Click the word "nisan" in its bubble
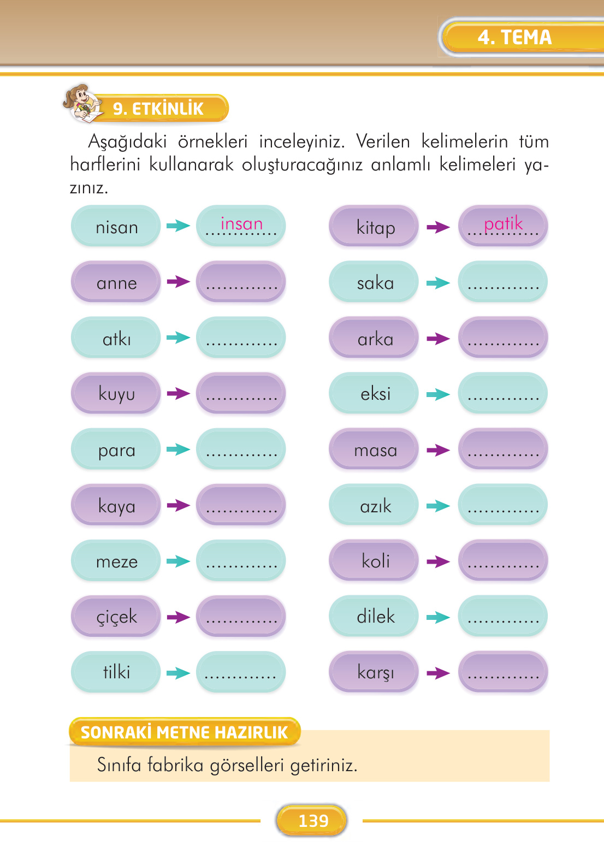click(x=116, y=227)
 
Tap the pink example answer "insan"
click(x=241, y=223)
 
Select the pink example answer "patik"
click(x=503, y=223)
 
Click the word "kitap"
click(x=375, y=227)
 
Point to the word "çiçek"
click(x=116, y=617)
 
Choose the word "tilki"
click(x=116, y=672)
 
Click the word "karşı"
click(x=375, y=672)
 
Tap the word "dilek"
click(x=375, y=617)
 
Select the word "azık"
click(x=375, y=506)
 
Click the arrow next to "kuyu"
click(x=178, y=393)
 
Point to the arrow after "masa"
click(x=438, y=450)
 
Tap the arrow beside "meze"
click(x=178, y=561)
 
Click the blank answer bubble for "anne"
click(x=241, y=282)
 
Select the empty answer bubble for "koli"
click(x=502, y=561)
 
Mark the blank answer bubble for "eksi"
click(x=502, y=394)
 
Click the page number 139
click(x=313, y=820)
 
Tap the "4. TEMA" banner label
click(x=514, y=37)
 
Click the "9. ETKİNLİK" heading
click(x=158, y=109)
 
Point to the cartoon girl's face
click(x=81, y=98)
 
